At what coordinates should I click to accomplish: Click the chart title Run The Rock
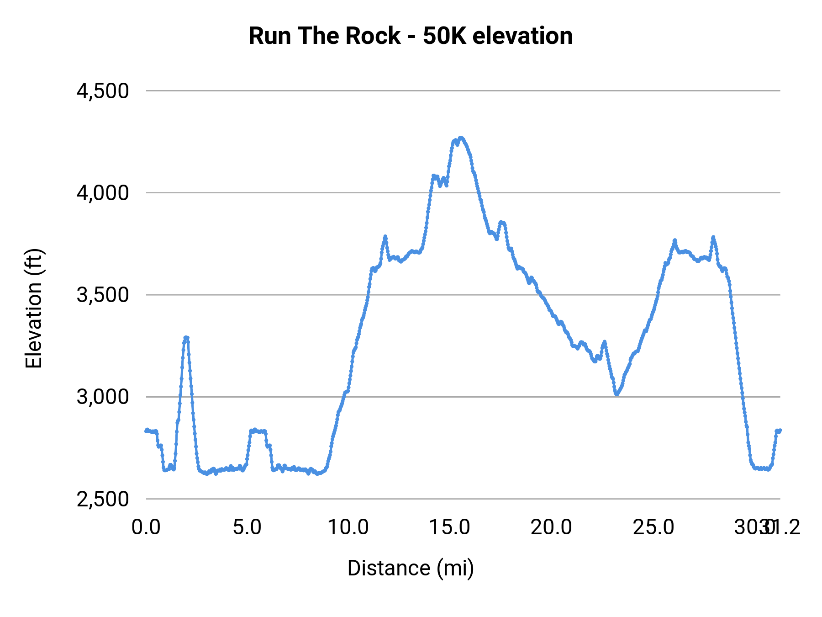tap(324, 36)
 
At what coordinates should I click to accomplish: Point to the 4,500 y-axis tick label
tap(103, 91)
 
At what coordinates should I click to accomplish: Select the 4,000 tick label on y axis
tap(103, 193)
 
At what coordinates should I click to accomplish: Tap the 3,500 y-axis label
tap(103, 295)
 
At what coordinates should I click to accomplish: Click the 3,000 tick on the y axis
tap(103, 397)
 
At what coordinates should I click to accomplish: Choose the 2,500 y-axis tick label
tap(103, 499)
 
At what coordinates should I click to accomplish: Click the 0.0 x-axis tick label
tap(146, 527)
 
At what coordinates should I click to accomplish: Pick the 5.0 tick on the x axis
tap(247, 527)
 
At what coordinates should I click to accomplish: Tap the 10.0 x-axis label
tap(348, 527)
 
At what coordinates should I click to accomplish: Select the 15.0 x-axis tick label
tap(450, 527)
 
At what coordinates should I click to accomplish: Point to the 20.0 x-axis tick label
tap(551, 527)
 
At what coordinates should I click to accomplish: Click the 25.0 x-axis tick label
tap(653, 527)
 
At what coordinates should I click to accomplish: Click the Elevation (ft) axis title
tap(34, 308)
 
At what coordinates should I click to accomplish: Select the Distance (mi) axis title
tap(411, 568)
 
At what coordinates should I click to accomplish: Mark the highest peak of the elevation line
tap(461, 138)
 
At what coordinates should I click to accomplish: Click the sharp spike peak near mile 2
tap(186, 337)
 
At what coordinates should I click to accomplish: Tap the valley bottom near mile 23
tap(617, 394)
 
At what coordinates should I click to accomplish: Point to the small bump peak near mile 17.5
tap(502, 222)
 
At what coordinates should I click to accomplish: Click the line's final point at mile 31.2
tap(780, 430)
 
